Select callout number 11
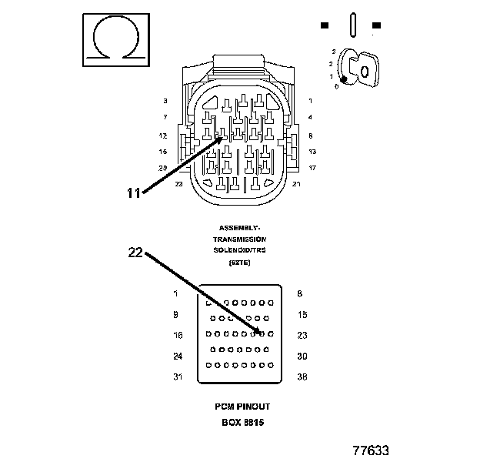(134, 193)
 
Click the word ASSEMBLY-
(239, 229)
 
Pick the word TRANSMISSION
(239, 239)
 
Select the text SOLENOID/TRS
(239, 251)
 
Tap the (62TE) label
(239, 263)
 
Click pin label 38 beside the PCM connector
(302, 377)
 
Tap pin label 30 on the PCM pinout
(302, 356)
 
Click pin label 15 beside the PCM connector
(302, 314)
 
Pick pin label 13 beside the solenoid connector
(312, 152)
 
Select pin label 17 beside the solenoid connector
(312, 167)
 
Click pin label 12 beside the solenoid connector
(163, 135)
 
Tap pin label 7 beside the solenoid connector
(165, 117)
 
